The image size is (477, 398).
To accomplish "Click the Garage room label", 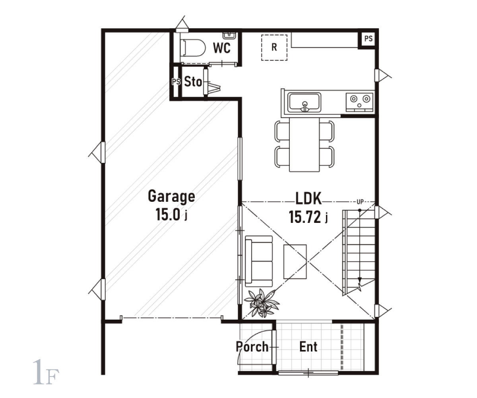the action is click(172, 197).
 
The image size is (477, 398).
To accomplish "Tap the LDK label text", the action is click(308, 199).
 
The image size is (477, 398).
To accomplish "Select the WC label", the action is click(221, 48).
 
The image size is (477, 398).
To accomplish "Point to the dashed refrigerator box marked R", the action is click(274, 48).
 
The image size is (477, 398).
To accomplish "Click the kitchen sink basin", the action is click(304, 103).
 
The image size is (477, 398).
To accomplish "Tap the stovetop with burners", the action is click(360, 102).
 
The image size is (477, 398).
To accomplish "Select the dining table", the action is click(304, 144).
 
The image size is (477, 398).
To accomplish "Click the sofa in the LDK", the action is click(259, 261).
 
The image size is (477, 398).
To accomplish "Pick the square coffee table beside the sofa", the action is click(295, 261).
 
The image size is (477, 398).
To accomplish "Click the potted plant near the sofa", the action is click(262, 303).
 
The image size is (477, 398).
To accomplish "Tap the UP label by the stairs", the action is click(360, 202).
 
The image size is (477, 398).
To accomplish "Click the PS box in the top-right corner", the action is click(368, 39).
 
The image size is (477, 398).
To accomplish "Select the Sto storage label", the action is click(193, 82).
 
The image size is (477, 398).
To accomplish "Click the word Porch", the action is click(252, 347).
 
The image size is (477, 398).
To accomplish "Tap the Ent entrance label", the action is click(308, 347).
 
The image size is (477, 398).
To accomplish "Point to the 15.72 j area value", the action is click(308, 217).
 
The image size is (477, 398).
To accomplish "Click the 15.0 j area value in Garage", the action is click(172, 215).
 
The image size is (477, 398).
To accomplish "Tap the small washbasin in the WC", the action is click(229, 35).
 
